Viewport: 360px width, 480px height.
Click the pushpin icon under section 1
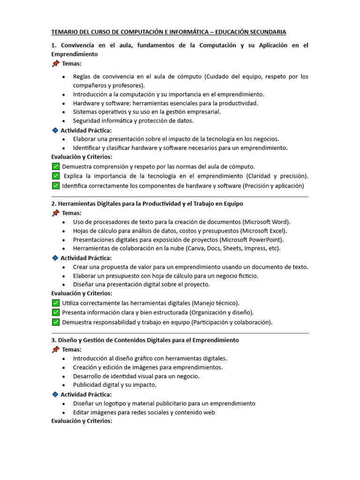click(56, 63)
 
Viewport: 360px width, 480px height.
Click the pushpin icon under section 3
click(56, 349)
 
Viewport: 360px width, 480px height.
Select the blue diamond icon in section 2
click(55, 258)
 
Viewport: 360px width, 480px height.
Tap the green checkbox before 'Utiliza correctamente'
click(56, 303)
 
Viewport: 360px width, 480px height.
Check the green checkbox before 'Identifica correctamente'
click(56, 186)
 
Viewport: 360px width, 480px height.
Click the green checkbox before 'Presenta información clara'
click(56, 312)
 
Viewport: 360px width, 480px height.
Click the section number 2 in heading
click(53, 203)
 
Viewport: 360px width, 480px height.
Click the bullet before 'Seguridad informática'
click(63, 121)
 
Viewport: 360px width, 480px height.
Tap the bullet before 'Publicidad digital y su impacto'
click(63, 385)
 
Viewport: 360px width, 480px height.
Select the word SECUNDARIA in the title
click(265, 32)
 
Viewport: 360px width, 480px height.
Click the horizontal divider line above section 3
click(180, 333)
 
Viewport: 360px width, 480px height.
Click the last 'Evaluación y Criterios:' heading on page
click(82, 421)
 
